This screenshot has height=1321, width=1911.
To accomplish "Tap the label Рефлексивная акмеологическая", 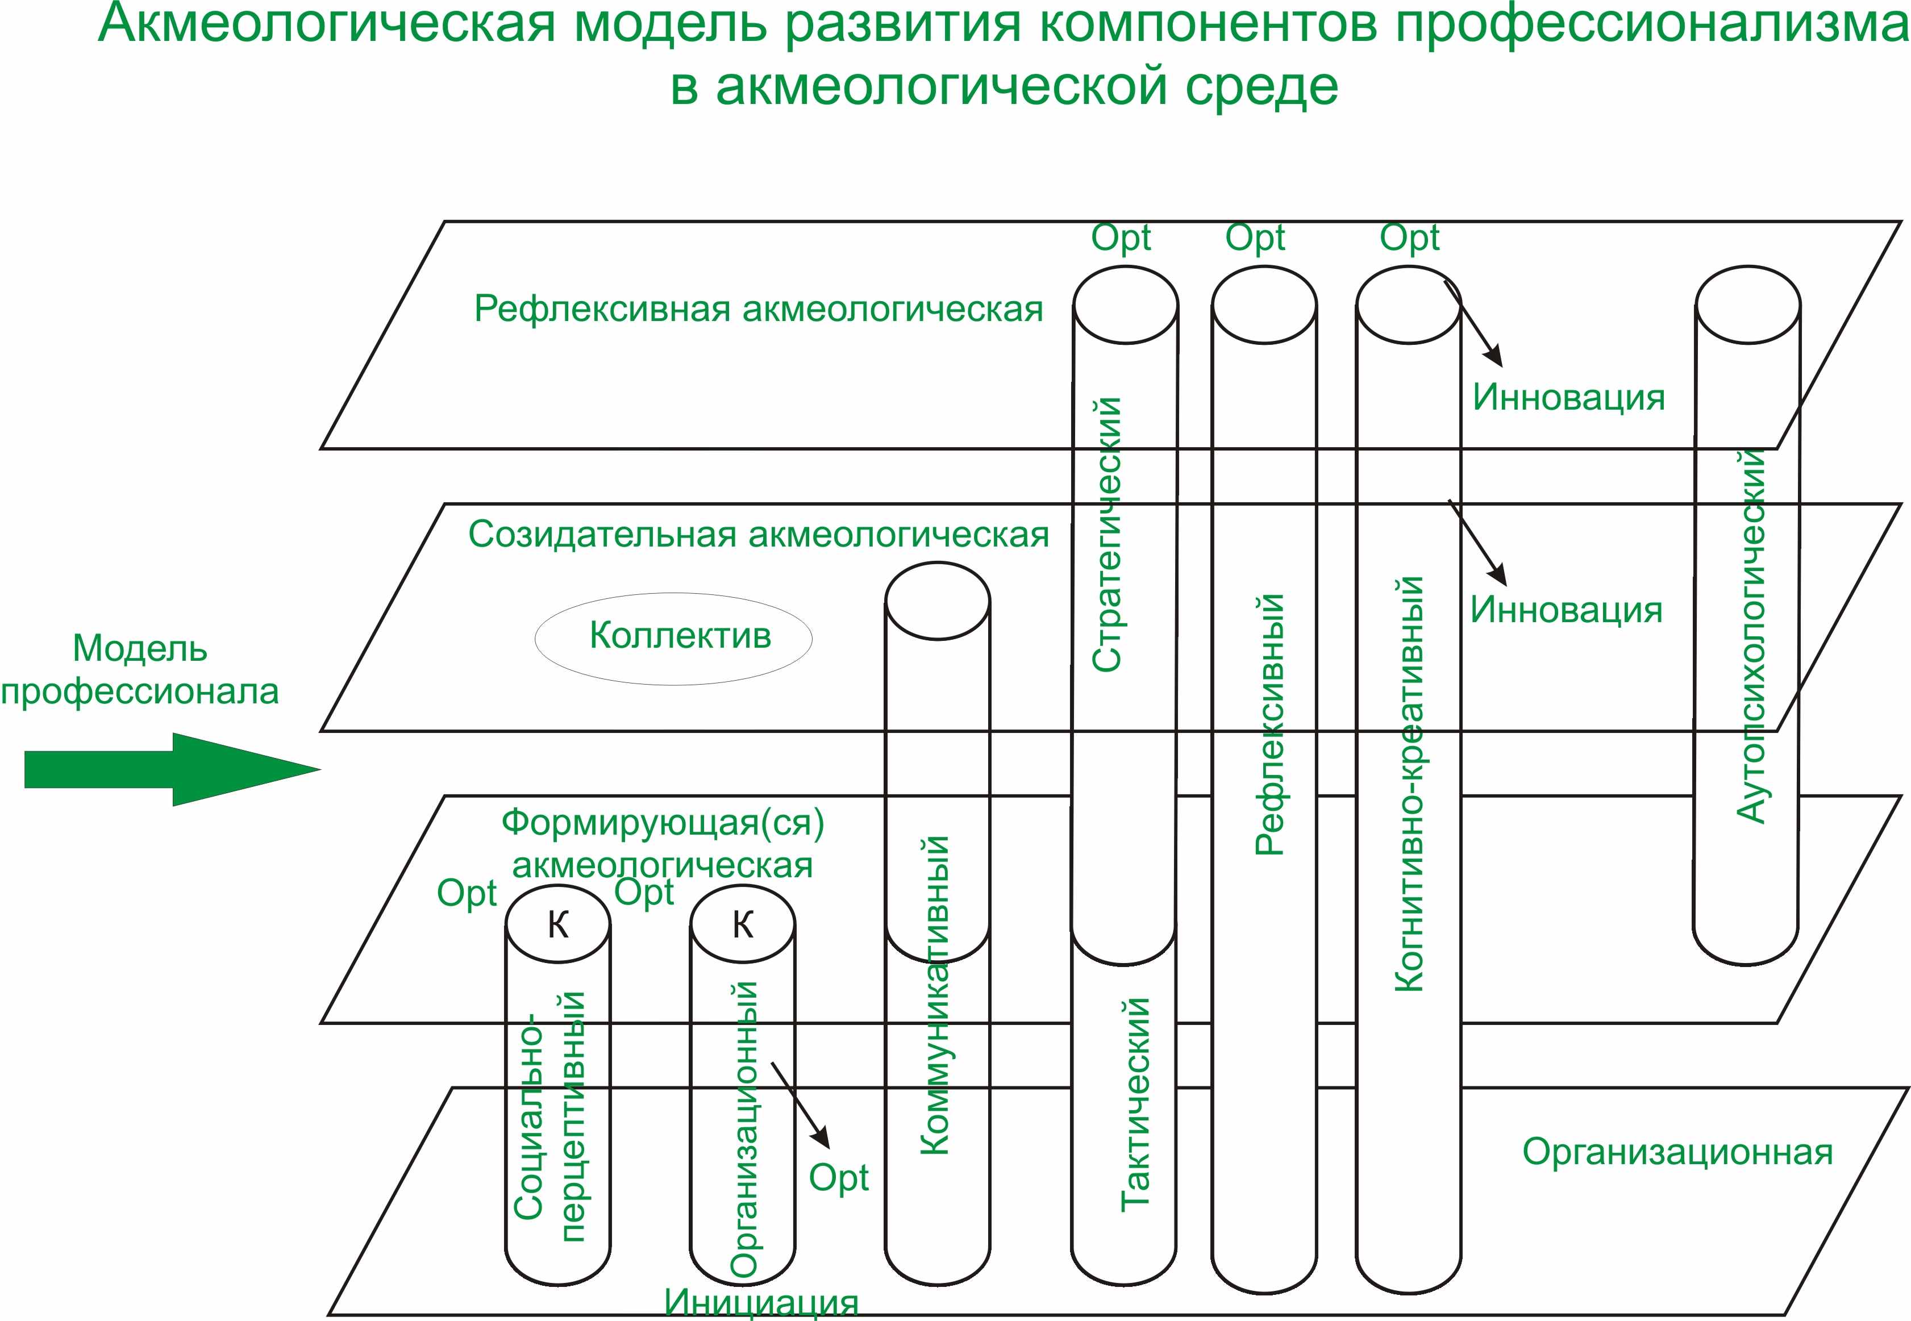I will click(758, 310).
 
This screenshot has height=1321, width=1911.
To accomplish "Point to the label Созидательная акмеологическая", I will click(758, 535).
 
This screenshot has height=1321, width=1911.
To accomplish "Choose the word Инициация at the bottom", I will click(761, 1303).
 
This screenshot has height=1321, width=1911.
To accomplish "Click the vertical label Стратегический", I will click(1106, 534).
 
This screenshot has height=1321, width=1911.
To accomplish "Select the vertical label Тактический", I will click(1135, 1105).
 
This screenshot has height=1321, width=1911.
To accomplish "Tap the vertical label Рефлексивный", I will click(1269, 724).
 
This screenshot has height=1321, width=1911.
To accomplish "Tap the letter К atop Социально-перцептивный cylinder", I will click(559, 924).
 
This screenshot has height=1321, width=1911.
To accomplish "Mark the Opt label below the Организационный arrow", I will click(838, 1178).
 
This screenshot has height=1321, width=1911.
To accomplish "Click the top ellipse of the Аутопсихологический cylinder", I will click(1747, 304).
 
